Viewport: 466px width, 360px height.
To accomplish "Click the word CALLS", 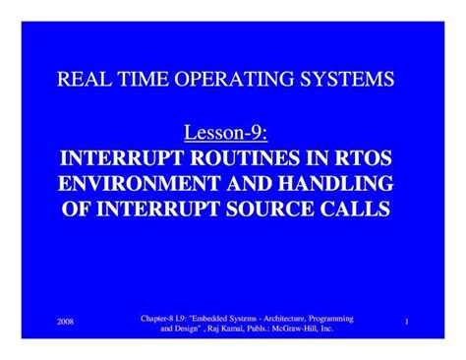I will [355, 209].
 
